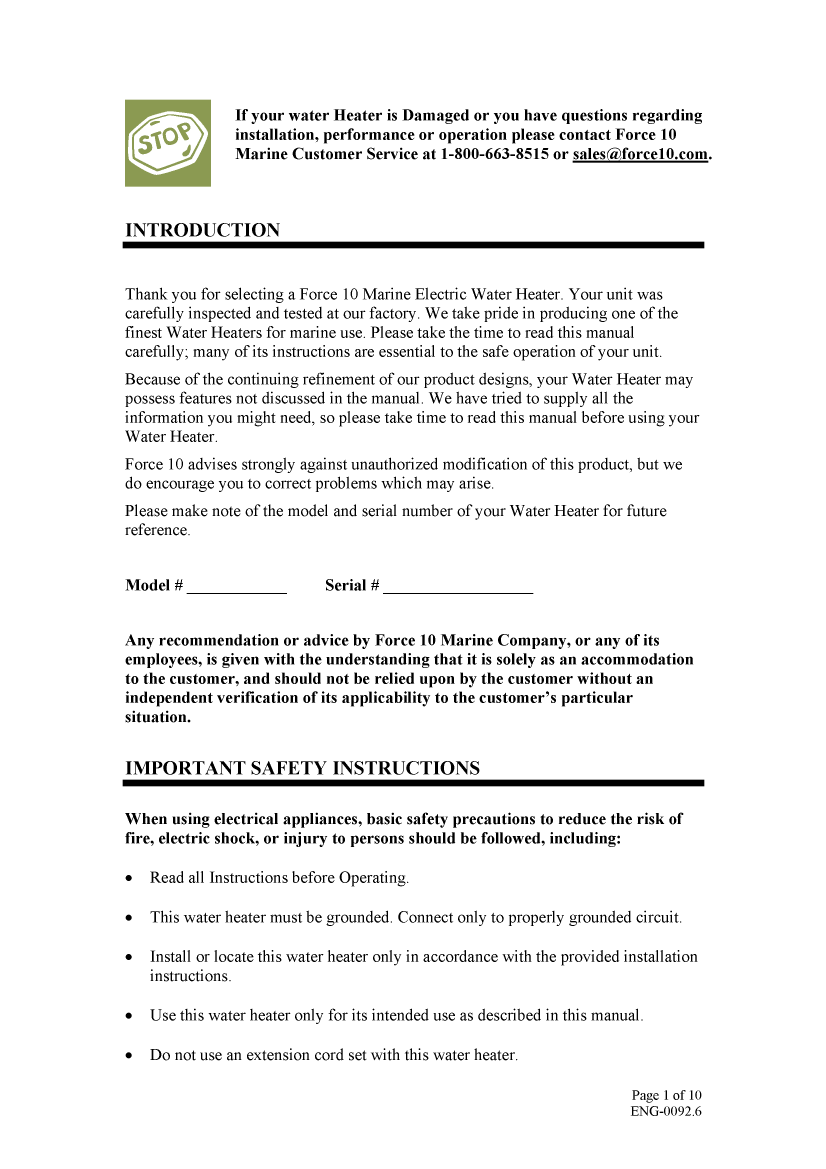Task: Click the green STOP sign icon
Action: tap(167, 143)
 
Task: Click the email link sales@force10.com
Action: tap(640, 154)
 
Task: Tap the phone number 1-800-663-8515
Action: tap(494, 154)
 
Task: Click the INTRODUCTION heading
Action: tap(202, 230)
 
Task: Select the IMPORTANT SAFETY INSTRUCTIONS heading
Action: tap(302, 768)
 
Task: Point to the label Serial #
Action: tap(351, 585)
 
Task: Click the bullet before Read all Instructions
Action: tap(130, 879)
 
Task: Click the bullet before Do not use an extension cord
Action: tap(130, 1056)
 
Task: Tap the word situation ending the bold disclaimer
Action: tap(156, 717)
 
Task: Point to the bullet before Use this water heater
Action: tap(130, 1016)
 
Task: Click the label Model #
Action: tap(153, 585)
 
